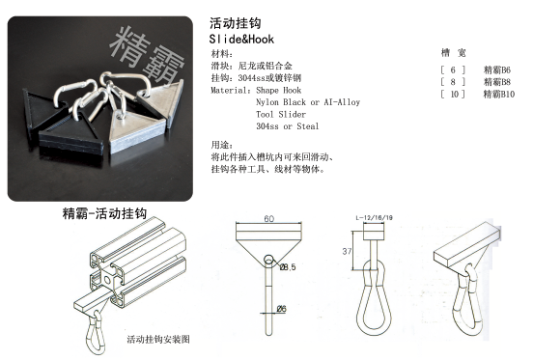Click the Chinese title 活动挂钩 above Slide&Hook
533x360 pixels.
coord(232,21)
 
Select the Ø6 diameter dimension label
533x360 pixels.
coord(282,308)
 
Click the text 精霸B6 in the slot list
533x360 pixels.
coord(496,70)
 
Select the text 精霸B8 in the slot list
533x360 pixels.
coord(496,82)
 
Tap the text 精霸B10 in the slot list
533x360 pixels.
coord(498,95)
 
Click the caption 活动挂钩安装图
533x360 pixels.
coord(159,340)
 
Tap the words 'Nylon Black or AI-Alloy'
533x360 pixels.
coord(307,101)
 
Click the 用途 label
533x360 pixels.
coord(221,144)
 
